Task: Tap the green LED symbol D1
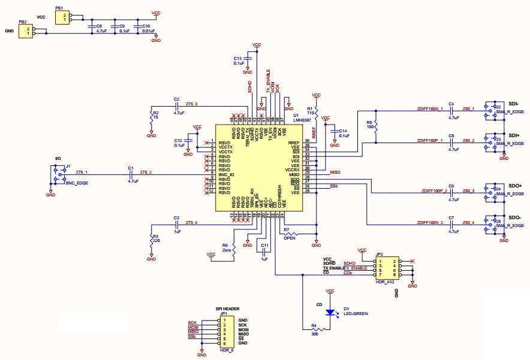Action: coord(329,312)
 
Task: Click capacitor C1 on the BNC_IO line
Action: coord(130,174)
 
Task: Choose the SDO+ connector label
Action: coord(515,186)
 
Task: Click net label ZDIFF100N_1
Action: coord(429,109)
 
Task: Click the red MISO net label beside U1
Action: coord(335,172)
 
